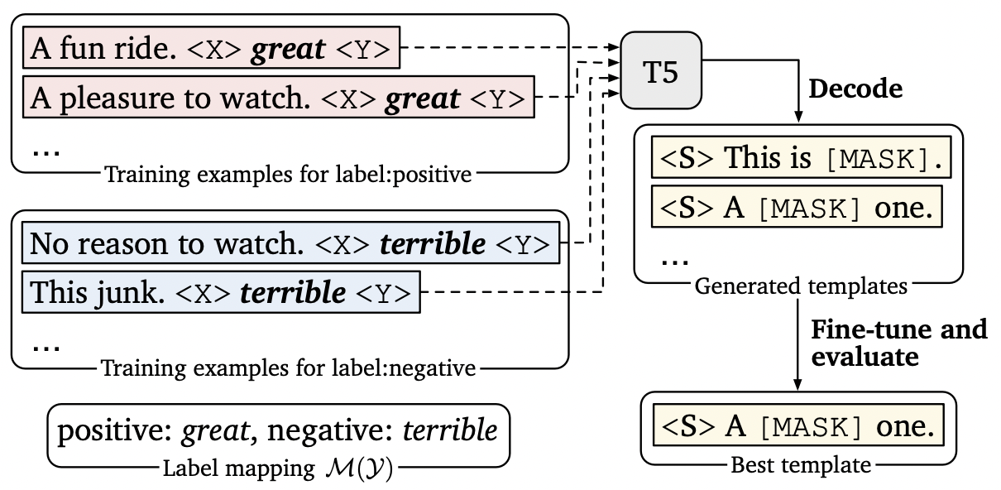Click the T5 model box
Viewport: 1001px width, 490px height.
[x=661, y=70]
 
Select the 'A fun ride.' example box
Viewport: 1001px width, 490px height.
[x=212, y=47]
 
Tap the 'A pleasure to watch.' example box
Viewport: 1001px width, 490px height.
[x=279, y=97]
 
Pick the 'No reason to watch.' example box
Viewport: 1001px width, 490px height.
[x=291, y=243]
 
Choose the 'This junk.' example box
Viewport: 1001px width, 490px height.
[x=221, y=292]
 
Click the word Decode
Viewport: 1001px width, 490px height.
[x=855, y=89]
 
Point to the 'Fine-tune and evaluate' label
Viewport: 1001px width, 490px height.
[x=898, y=343]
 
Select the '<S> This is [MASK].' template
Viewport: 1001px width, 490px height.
[x=802, y=157]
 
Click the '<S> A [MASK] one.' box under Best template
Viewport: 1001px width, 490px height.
[x=798, y=425]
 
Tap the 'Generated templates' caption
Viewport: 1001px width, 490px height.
[x=801, y=286]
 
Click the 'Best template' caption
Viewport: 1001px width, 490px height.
[x=801, y=465]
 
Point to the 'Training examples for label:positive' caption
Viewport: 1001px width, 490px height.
[x=288, y=175]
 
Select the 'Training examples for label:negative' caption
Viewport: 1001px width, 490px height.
[x=288, y=368]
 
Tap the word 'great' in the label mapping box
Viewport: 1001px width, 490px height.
[x=215, y=430]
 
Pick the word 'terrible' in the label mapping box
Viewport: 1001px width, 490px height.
[x=449, y=430]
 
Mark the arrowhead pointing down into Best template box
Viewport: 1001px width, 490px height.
[x=797, y=384]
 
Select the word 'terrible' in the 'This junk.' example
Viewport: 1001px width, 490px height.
[x=293, y=292]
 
